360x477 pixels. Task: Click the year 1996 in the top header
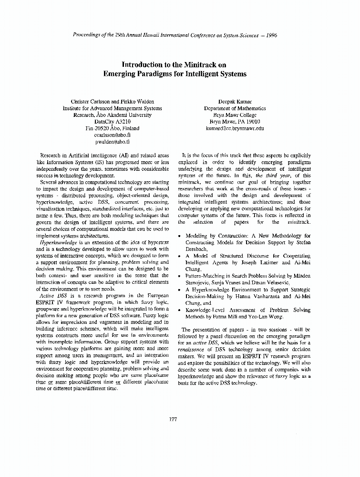coord(270,35)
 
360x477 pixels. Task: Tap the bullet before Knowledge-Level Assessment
coord(179,310)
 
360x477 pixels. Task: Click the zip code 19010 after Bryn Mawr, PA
coord(251,122)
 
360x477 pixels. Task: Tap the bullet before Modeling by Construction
coord(179,236)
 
